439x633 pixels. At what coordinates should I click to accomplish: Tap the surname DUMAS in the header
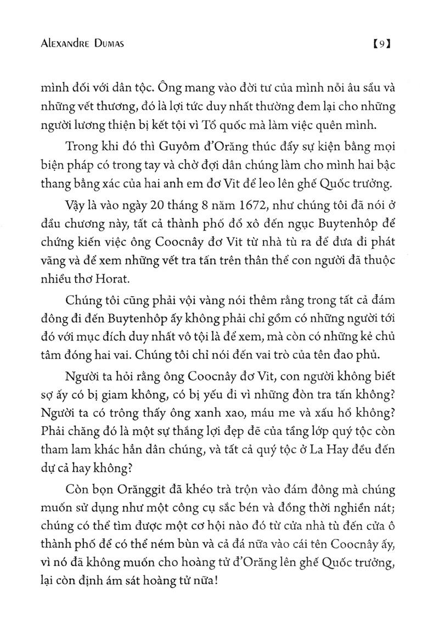point(106,44)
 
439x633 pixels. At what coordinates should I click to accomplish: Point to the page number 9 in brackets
point(380,44)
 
